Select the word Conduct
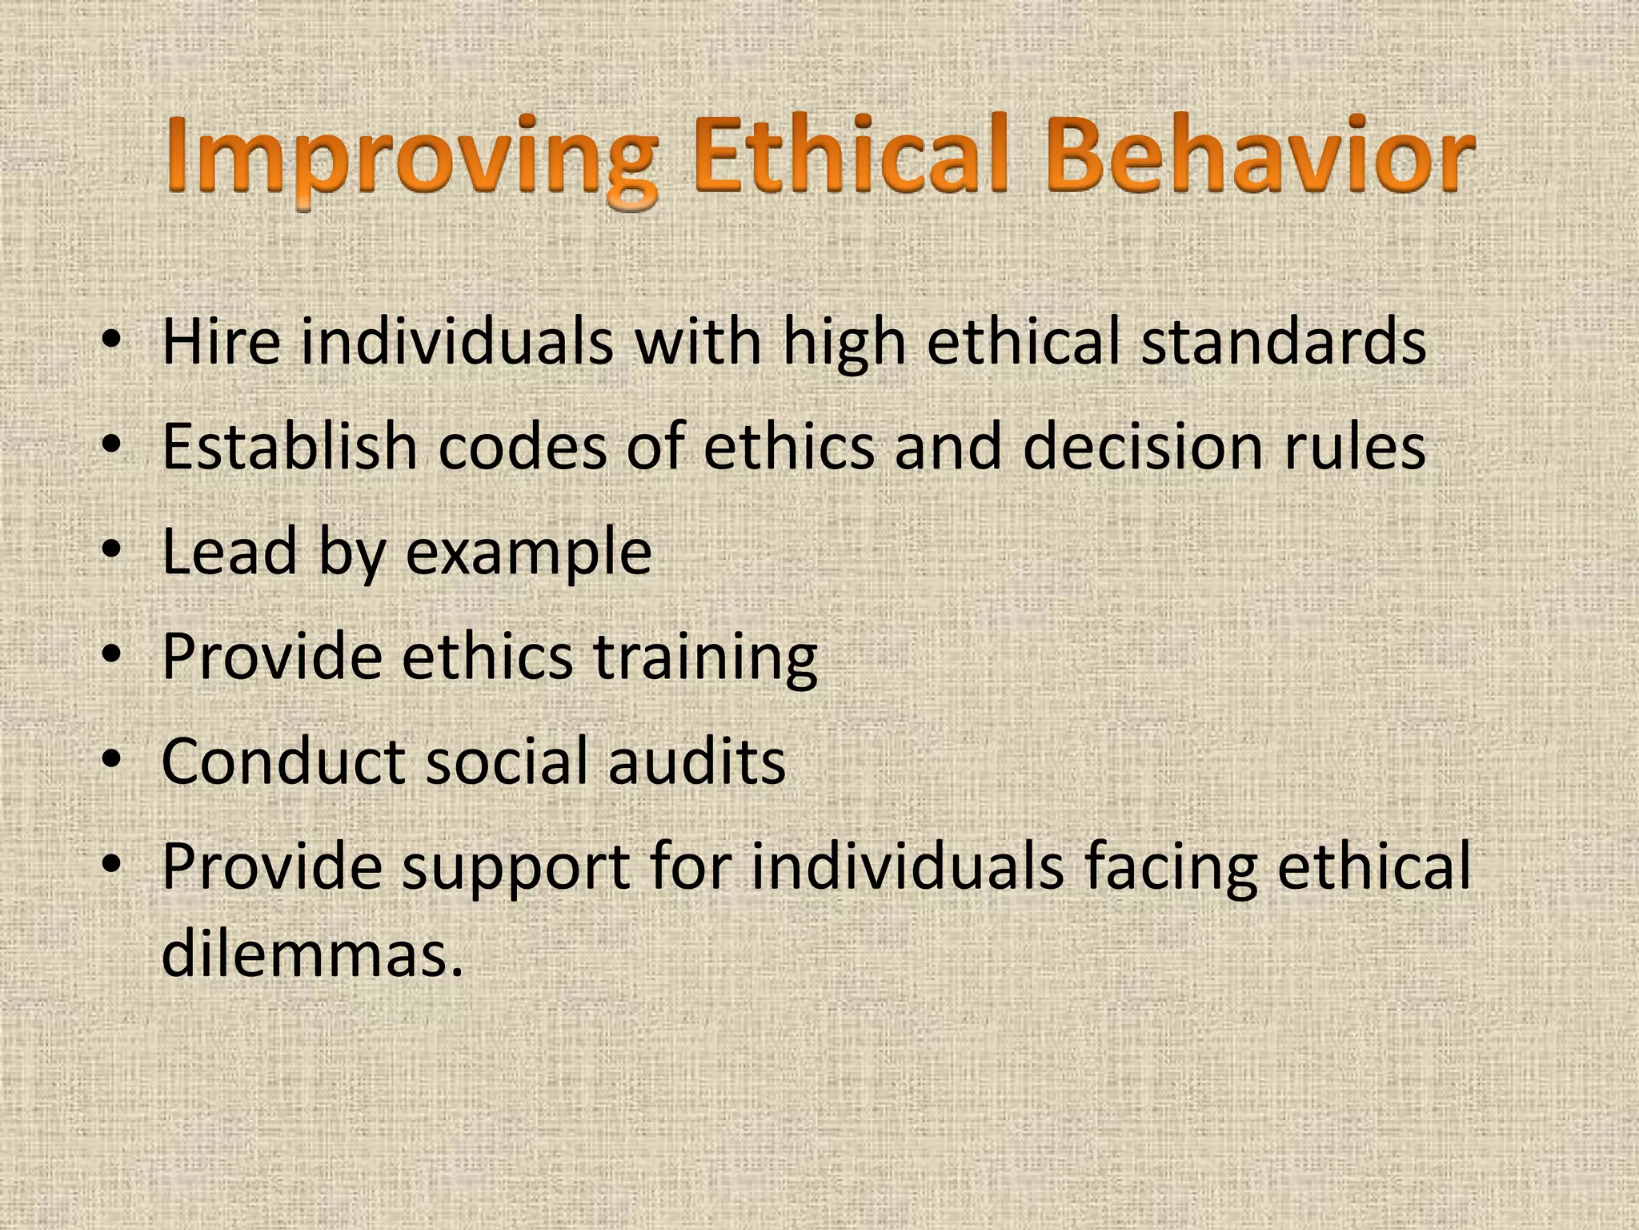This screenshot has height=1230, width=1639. click(x=283, y=761)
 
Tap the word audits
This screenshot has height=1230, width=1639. click(x=696, y=761)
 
